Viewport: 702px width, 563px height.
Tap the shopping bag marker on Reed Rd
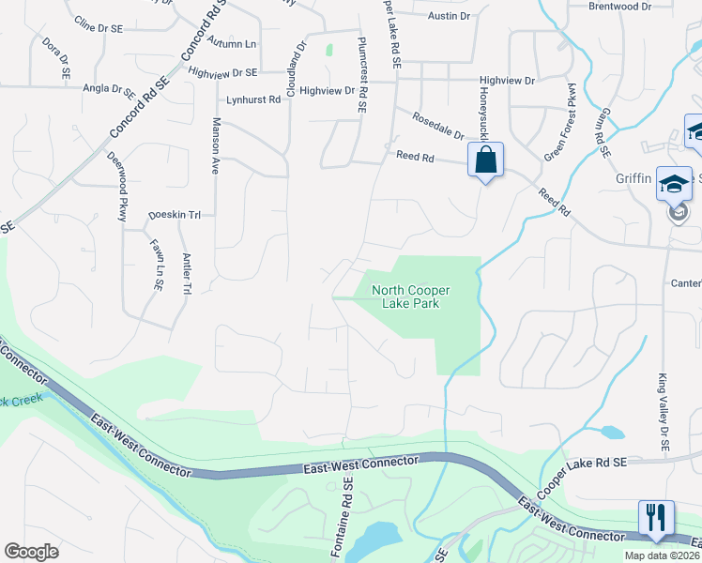tap(485, 160)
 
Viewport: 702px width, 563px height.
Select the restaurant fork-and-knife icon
tap(656, 518)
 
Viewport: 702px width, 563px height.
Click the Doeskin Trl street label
tap(175, 215)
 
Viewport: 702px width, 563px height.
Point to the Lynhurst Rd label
tap(253, 99)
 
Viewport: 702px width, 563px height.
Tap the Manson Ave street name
tap(215, 146)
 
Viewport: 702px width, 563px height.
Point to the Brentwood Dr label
tap(619, 7)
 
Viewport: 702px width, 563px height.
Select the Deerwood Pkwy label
tap(116, 187)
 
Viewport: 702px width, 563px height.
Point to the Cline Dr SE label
tap(99, 29)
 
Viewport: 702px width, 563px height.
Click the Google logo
tap(31, 551)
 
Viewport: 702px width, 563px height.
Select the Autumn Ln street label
tap(233, 43)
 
